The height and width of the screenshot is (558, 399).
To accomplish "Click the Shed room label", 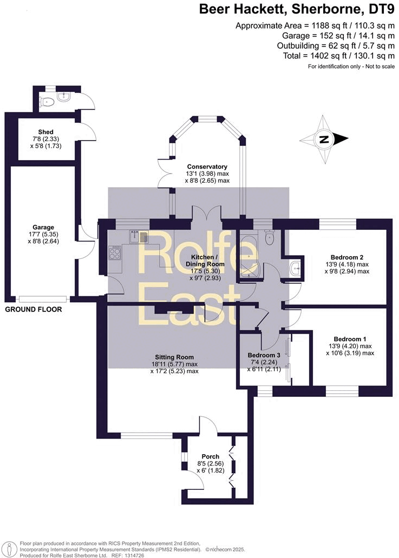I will point(45,132).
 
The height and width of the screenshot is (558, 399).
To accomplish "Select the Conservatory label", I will point(207,167).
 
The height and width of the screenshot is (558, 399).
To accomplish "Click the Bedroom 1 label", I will point(346,338).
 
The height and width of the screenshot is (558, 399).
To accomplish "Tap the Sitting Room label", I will point(174,357).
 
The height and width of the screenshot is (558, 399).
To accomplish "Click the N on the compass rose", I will point(324,139).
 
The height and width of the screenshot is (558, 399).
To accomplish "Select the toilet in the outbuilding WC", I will point(47,101).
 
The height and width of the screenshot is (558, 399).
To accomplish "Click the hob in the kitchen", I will point(115,253).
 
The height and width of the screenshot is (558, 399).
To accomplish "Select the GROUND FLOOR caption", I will point(34,310).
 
